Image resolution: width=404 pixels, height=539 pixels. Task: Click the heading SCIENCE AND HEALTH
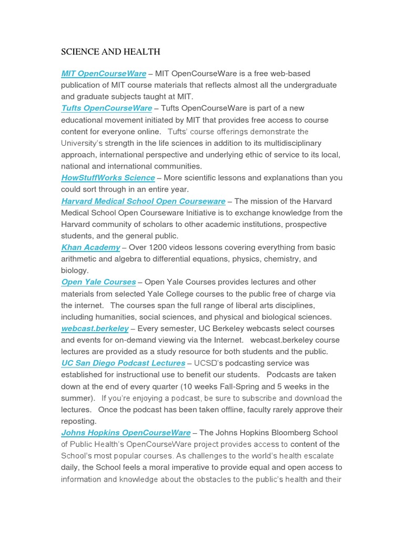pos(110,52)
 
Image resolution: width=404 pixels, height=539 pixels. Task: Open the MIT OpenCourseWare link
pos(104,74)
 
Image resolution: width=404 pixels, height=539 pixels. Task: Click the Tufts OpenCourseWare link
pos(106,108)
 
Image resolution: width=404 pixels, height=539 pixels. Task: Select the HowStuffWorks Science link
pos(108,178)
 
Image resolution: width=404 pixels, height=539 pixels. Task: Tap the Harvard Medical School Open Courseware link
pos(143,201)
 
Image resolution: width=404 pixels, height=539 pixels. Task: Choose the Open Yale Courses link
pos(98,282)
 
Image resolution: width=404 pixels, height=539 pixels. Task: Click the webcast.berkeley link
pos(95,328)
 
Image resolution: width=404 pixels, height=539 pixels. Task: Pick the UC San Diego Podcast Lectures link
pos(123,363)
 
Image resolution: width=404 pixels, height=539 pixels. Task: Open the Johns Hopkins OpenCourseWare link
pos(126,433)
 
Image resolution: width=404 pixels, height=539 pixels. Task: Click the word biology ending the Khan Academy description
pos(74,271)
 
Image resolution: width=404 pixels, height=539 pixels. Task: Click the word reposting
pos(78,421)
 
